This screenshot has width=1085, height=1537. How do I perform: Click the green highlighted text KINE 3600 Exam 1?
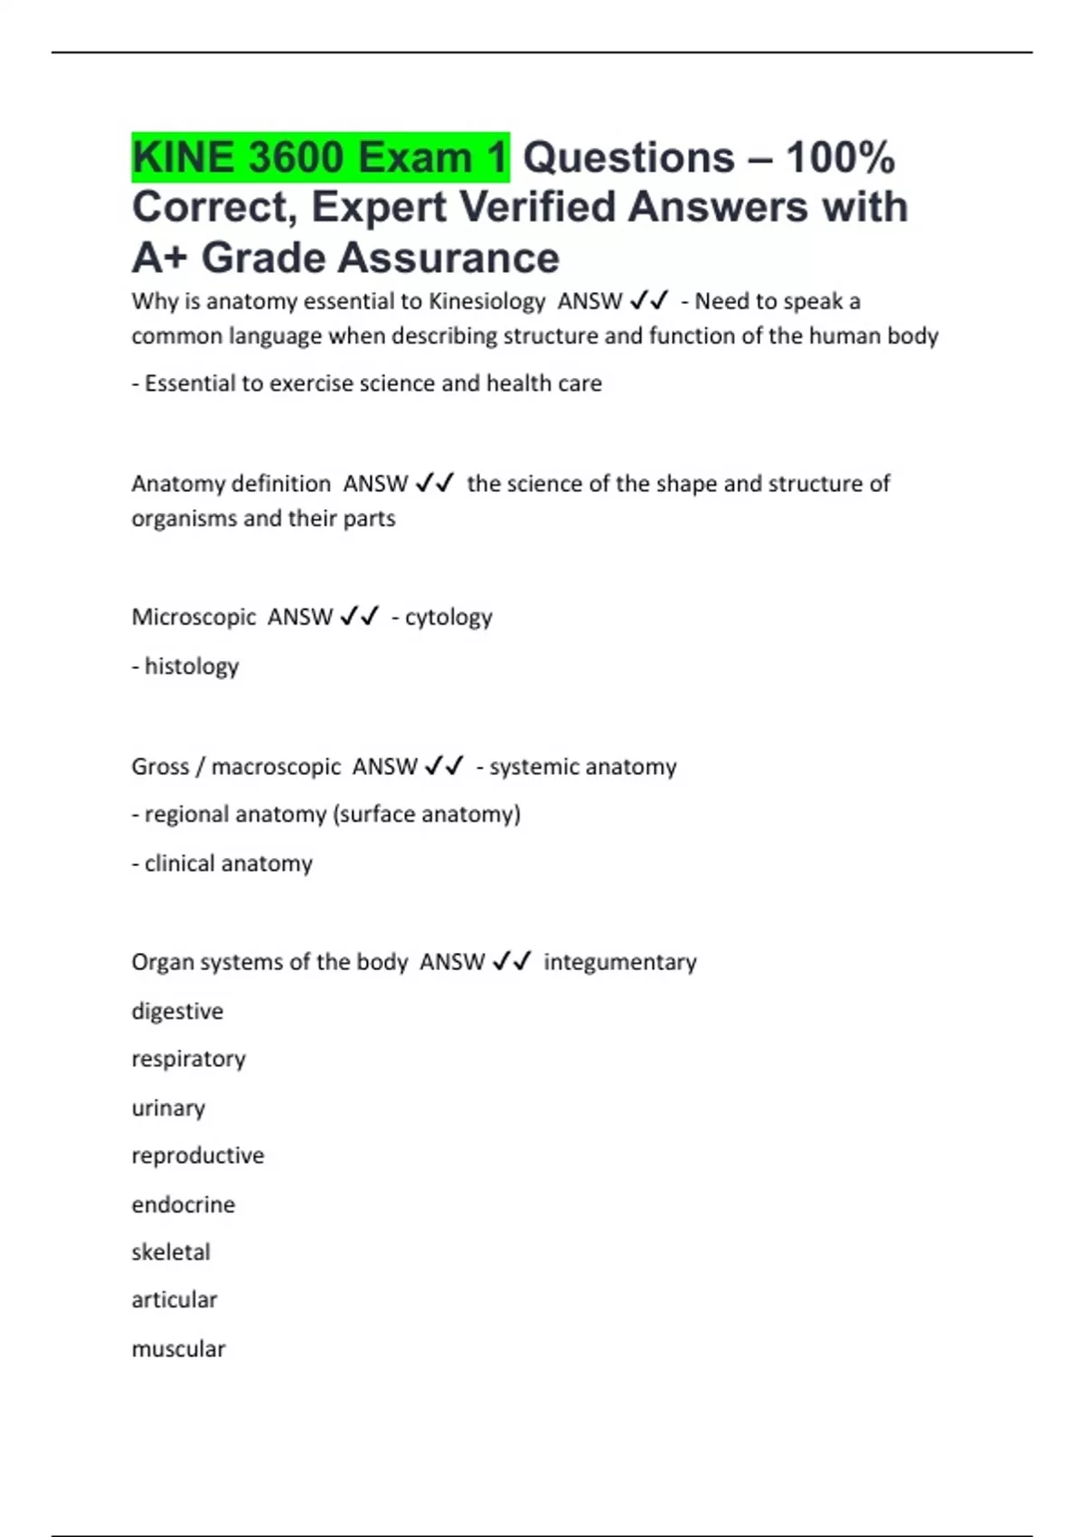[x=320, y=157]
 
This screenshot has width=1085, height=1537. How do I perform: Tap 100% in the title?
[x=840, y=157]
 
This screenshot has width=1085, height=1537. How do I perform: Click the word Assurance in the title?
[x=380, y=258]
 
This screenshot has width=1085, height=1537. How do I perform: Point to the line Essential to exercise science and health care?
[x=367, y=383]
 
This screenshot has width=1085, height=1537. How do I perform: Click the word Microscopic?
[x=193, y=618]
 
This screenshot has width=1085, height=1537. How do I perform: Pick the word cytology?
[x=448, y=618]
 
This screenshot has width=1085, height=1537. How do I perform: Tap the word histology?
[x=192, y=666]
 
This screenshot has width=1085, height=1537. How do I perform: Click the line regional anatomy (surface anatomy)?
[x=326, y=815]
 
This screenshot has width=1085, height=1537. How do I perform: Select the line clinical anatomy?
[x=222, y=863]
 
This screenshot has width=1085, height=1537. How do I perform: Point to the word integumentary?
[x=619, y=962]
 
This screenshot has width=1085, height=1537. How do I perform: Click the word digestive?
[x=177, y=1011]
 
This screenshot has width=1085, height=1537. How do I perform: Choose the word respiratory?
[x=188, y=1059]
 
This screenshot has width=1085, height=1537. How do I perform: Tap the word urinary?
[x=168, y=1108]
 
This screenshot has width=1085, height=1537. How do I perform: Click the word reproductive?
[x=198, y=1155]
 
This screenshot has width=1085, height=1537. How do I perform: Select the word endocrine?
[x=183, y=1204]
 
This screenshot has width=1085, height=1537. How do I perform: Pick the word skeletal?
[x=171, y=1252]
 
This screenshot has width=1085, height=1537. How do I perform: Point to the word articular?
[x=175, y=1300]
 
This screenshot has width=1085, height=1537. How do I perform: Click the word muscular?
[x=178, y=1349]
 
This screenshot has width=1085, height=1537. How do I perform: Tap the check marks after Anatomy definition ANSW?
[x=435, y=484]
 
